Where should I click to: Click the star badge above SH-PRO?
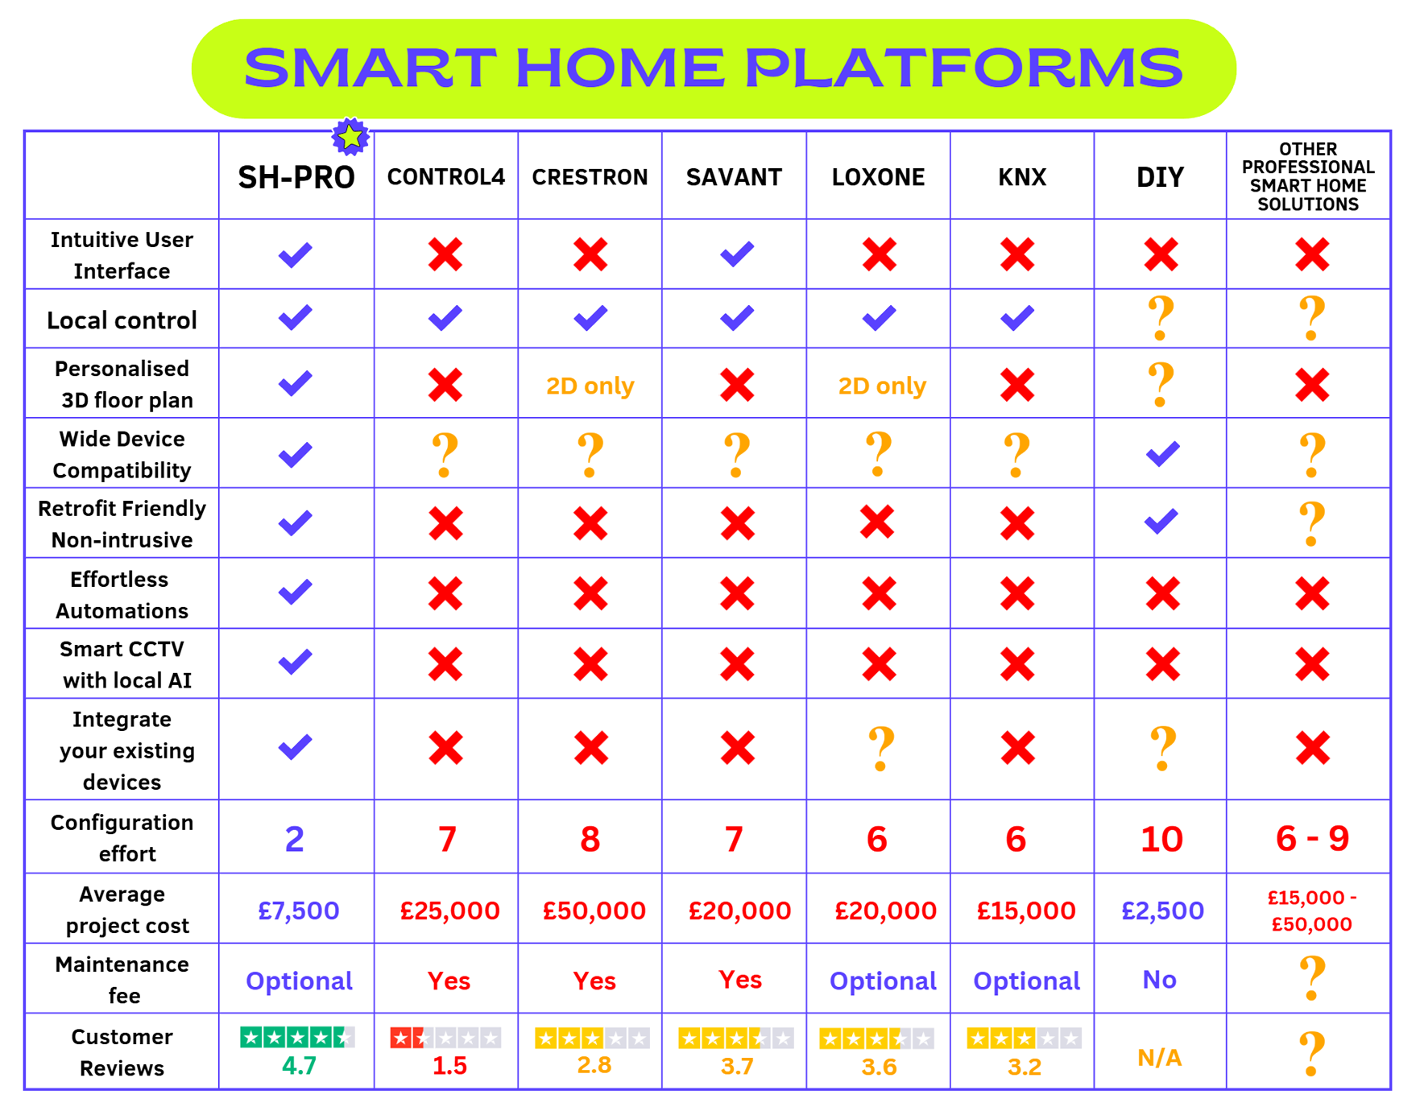[350, 137]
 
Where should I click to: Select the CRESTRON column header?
[590, 177]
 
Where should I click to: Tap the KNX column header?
[1022, 177]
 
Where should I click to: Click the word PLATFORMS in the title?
[963, 68]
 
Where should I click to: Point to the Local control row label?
[122, 320]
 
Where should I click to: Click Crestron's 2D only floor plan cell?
[590, 386]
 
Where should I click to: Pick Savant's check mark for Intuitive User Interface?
[737, 254]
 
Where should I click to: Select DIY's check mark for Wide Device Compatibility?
[1162, 454]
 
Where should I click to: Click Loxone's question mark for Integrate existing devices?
[880, 749]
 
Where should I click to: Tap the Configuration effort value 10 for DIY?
[1161, 839]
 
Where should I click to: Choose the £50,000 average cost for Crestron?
[594, 911]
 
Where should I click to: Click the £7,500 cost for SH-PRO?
[299, 911]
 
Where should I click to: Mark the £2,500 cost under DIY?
[1162, 911]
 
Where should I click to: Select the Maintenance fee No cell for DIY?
[1160, 980]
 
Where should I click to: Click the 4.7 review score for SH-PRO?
[299, 1066]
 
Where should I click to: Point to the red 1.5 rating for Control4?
[449, 1066]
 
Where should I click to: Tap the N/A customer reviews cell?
[1160, 1058]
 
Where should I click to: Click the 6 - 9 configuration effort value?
[1312, 839]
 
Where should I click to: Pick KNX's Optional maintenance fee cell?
[1026, 981]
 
